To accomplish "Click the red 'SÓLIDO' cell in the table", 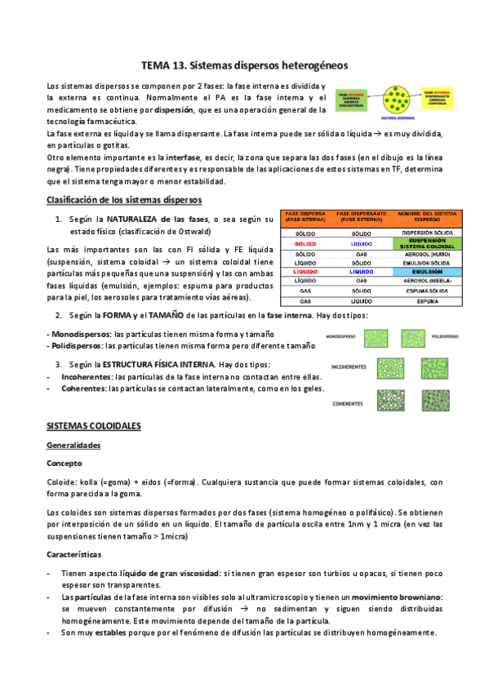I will [305, 243].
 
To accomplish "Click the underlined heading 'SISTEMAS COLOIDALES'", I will [94, 426].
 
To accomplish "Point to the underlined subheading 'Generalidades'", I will [73, 446].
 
